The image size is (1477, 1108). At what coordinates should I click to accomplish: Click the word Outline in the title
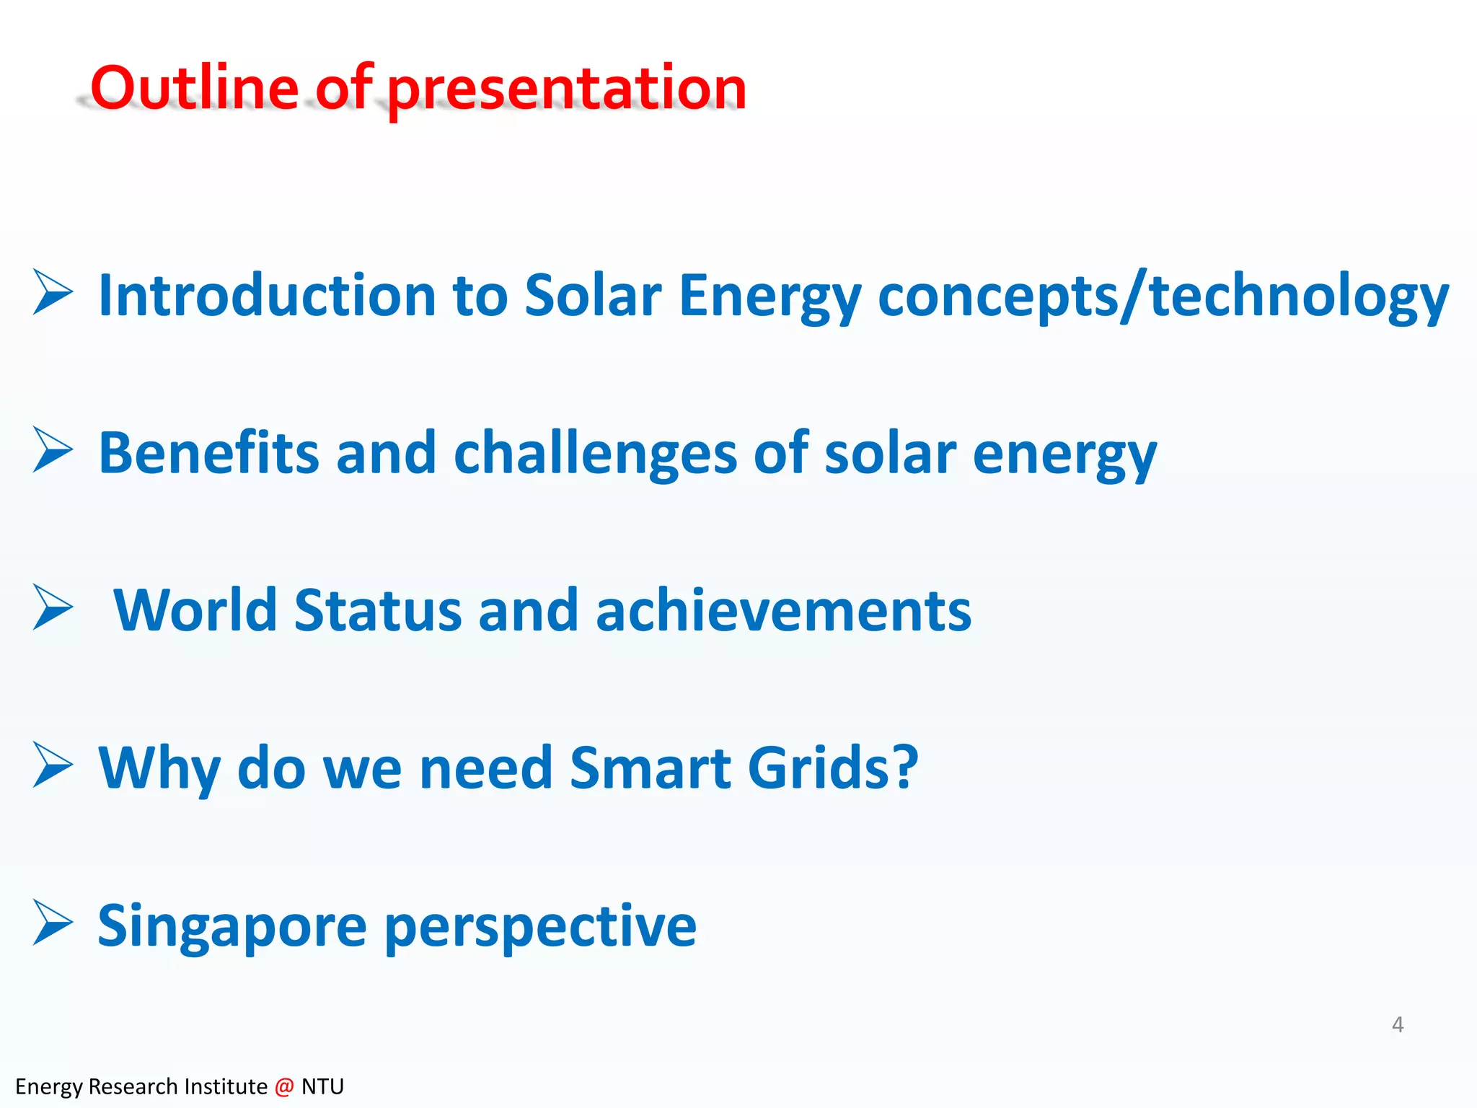(193, 88)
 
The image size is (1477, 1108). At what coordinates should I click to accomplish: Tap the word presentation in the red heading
(566, 89)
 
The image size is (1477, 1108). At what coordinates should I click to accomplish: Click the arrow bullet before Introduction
(53, 292)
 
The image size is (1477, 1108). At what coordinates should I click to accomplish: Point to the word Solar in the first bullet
(592, 295)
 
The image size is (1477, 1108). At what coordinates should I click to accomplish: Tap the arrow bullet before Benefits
(53, 449)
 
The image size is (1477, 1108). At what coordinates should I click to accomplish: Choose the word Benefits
(208, 453)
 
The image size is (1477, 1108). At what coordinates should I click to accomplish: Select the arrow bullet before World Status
(53, 607)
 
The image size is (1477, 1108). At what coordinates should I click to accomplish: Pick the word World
(195, 610)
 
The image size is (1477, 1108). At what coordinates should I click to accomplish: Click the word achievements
(783, 610)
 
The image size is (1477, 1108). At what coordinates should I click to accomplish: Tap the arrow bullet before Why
(53, 765)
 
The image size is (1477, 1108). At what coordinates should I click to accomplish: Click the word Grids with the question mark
(832, 768)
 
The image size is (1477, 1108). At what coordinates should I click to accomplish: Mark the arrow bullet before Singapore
(53, 923)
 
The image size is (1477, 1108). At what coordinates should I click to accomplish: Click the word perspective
(540, 926)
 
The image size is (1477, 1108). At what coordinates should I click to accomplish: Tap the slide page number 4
(1397, 1024)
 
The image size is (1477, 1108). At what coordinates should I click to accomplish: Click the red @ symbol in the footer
(284, 1086)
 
